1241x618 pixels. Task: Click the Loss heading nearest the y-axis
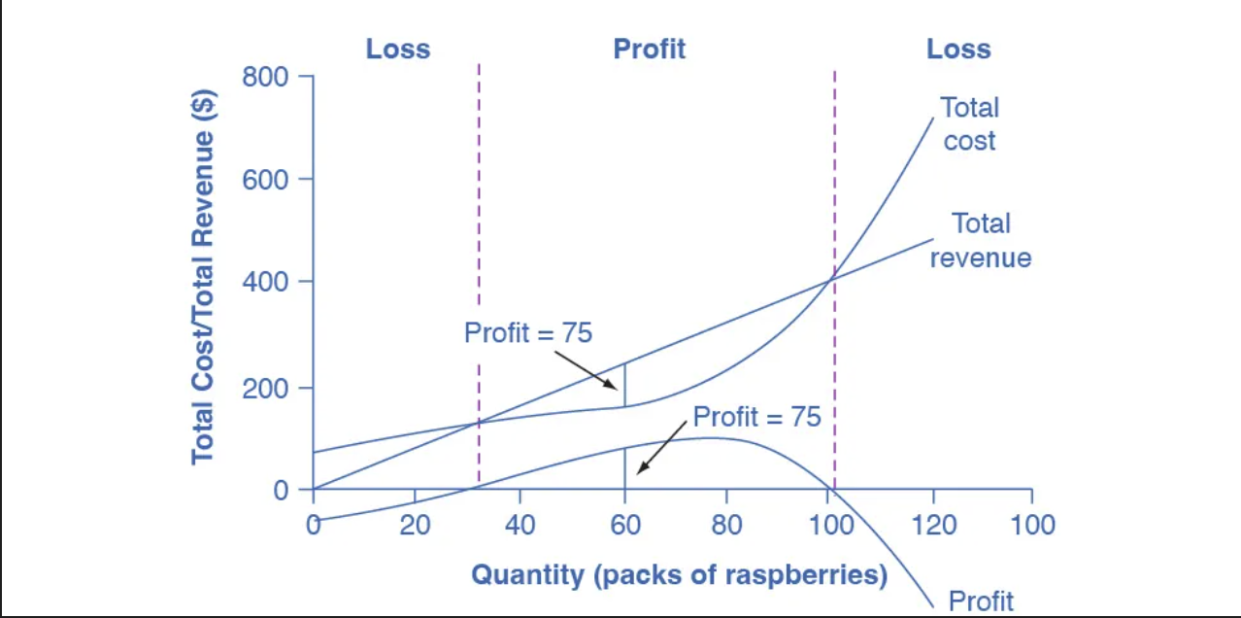397,49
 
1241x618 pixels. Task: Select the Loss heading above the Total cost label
957,49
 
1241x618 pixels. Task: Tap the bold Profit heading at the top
649,49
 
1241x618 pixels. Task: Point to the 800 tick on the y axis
265,77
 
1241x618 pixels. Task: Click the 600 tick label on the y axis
265,180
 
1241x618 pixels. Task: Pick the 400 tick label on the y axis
265,283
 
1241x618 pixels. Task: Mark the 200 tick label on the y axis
265,387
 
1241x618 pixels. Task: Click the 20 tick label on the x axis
415,525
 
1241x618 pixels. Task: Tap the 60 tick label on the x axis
624,525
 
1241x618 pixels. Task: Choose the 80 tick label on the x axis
726,525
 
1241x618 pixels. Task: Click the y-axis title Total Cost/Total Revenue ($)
203,277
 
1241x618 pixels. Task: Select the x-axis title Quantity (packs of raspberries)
679,574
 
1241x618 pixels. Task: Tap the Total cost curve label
969,123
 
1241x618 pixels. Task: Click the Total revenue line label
980,240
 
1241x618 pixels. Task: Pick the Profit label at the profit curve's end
981,600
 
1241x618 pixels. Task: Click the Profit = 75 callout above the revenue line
527,332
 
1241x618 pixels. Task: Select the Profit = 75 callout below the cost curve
756,417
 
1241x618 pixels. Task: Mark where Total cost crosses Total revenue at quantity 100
832,281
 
